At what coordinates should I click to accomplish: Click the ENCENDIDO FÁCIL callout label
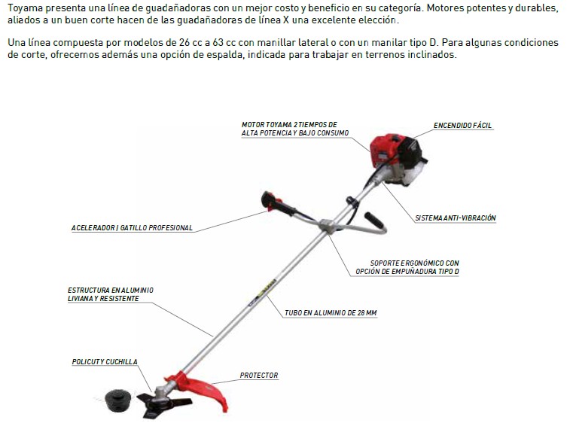[462, 126]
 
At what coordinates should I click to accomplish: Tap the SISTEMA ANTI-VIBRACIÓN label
[456, 218]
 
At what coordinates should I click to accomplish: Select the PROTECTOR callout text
[259, 376]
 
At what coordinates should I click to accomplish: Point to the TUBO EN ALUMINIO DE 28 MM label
[331, 313]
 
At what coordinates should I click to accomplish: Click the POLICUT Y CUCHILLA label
[105, 362]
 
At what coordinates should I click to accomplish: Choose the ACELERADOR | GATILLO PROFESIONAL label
[132, 228]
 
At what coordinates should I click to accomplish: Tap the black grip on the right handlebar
[373, 220]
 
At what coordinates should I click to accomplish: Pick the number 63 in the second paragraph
[218, 42]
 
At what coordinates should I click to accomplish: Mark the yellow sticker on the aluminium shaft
[268, 286]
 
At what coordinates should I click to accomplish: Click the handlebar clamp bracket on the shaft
[329, 225]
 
